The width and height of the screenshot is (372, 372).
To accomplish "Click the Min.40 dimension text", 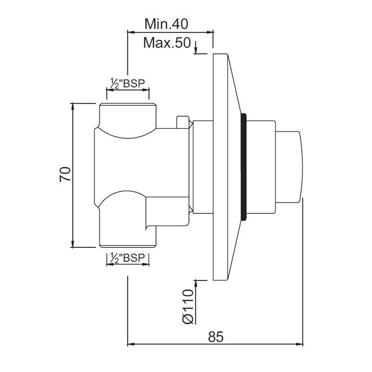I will (166, 23).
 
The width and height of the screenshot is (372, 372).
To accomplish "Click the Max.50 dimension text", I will (167, 43).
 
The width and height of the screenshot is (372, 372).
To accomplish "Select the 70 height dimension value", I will (66, 175).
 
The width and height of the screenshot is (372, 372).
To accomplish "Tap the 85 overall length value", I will (216, 336).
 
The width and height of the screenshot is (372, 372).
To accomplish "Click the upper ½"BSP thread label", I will (127, 84).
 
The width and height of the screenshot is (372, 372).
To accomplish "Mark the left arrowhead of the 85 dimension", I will (131, 345).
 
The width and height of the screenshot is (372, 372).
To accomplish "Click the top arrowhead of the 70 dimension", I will (73, 106).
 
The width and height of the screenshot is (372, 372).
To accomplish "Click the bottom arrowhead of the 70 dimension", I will (73, 245).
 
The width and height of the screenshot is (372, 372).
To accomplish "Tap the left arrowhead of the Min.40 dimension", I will (131, 32).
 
